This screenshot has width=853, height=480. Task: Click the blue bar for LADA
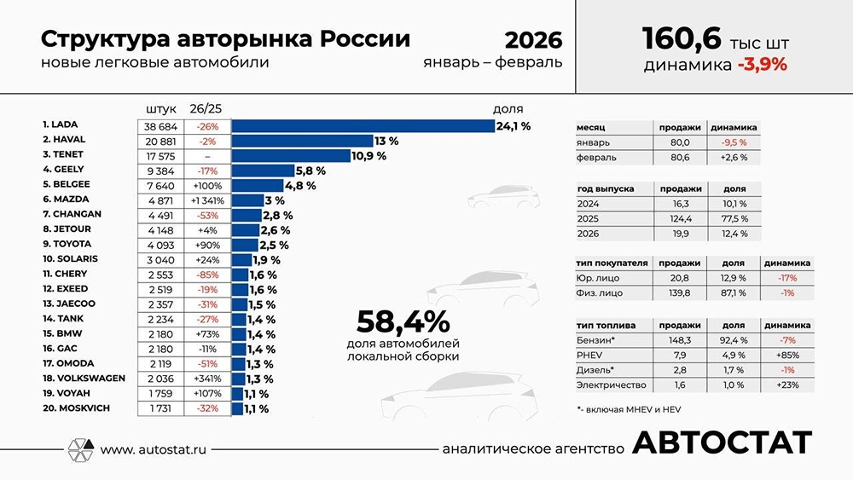pyautogui.click(x=363, y=125)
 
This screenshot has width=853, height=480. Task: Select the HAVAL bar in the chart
pyautogui.click(x=302, y=141)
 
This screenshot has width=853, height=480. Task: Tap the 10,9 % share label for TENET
pyautogui.click(x=369, y=156)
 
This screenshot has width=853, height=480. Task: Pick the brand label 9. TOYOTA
pyautogui.click(x=70, y=245)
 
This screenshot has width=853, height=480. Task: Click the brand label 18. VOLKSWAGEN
pyautogui.click(x=84, y=378)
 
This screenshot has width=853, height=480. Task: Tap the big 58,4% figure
pyautogui.click(x=403, y=321)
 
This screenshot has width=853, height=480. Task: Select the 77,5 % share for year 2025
pyautogui.click(x=733, y=219)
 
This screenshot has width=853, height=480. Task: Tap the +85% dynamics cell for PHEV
pyautogui.click(x=786, y=356)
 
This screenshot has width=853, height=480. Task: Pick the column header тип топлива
pyautogui.click(x=606, y=326)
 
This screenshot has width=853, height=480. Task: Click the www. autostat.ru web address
pyautogui.click(x=154, y=449)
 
